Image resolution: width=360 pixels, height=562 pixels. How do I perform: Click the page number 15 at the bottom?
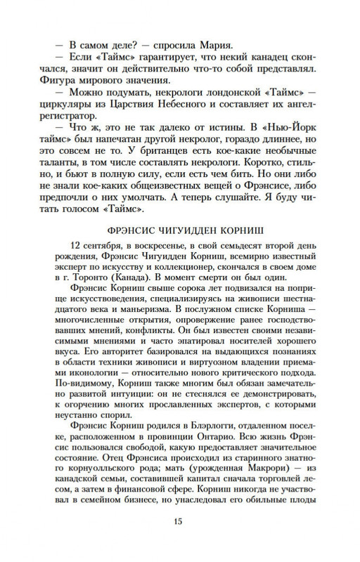pyautogui.click(x=179, y=541)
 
